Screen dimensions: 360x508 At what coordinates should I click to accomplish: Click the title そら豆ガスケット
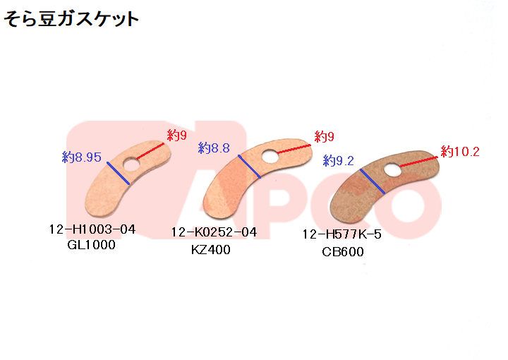71,19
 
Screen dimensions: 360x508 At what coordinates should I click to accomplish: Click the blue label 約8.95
82,157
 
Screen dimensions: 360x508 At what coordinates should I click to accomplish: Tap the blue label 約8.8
214,148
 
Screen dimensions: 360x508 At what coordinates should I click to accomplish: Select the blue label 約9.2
338,161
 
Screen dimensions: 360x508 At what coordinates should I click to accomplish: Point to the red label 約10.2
460,152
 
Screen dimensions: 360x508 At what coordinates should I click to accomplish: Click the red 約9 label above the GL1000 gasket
177,134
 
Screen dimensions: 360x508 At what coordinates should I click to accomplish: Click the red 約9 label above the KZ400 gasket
324,136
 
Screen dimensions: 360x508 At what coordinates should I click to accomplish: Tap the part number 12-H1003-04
92,229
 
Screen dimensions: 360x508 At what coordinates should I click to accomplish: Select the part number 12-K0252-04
214,232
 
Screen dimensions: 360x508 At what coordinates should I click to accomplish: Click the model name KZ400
210,249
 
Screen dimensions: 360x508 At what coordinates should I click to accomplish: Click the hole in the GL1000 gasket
131,164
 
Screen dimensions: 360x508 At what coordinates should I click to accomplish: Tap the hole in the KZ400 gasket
268,156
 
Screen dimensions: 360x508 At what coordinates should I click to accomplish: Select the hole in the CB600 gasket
392,170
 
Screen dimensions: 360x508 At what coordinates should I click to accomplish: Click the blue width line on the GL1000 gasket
119,173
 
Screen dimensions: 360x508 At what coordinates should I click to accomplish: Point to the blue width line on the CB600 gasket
372,181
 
